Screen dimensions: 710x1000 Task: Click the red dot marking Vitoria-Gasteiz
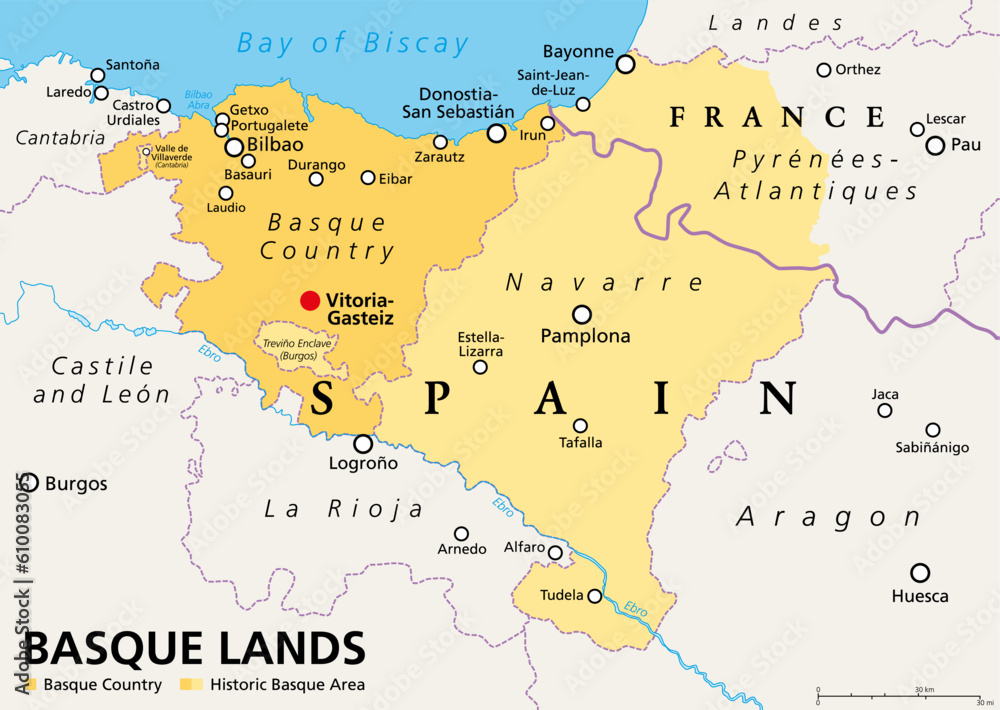point(310,300)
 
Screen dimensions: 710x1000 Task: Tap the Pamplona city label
point(585,336)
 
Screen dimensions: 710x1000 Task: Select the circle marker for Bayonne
point(625,64)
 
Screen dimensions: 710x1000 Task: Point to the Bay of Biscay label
point(352,43)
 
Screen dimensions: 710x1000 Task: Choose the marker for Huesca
point(920,573)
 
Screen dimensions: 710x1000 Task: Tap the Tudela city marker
point(595,596)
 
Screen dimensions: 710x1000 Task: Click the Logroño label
point(363,464)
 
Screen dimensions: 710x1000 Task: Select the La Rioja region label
point(343,509)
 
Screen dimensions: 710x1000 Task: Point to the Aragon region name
point(829,517)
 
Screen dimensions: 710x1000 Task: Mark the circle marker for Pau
point(935,145)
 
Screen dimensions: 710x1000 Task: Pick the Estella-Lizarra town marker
point(480,367)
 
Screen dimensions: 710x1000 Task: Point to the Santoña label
point(132,64)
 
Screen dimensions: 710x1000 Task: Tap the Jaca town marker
point(884,410)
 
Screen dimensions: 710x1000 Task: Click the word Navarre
point(589,283)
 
